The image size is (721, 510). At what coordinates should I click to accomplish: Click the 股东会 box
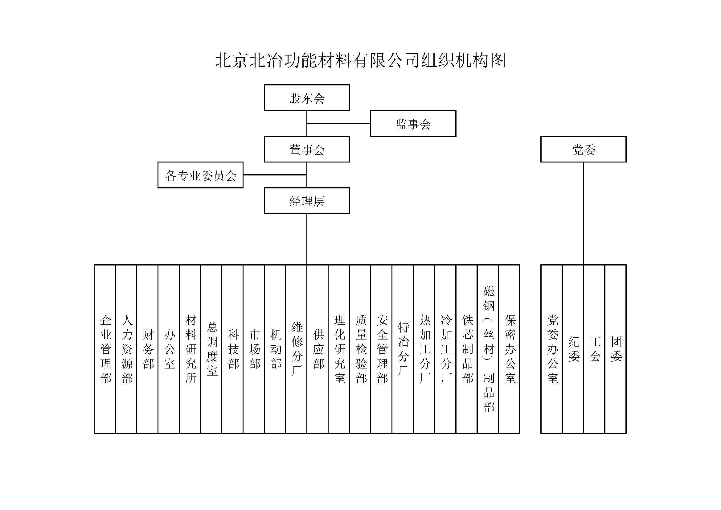pyautogui.click(x=306, y=98)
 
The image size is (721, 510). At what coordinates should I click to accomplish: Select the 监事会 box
pyautogui.click(x=413, y=123)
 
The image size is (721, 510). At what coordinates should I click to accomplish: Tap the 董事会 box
pyautogui.click(x=306, y=149)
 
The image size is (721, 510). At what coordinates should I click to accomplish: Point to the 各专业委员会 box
pyautogui.click(x=200, y=175)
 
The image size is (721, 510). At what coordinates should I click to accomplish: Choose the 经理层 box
pyautogui.click(x=306, y=201)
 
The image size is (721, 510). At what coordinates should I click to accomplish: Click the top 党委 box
pyautogui.click(x=583, y=149)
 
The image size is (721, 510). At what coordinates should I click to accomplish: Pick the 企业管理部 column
pyautogui.click(x=105, y=349)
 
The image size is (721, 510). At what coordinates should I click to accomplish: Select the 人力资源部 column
pyautogui.click(x=127, y=349)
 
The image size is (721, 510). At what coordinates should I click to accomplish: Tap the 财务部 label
pyautogui.click(x=148, y=349)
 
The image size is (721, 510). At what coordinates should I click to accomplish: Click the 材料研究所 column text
pyautogui.click(x=190, y=349)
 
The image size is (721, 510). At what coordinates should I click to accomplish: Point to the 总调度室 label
pyautogui.click(x=212, y=349)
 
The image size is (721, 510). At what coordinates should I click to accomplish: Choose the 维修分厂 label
pyautogui.click(x=297, y=349)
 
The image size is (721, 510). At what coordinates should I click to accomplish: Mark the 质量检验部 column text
pyautogui.click(x=361, y=349)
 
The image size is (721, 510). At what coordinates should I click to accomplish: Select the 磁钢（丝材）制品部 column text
pyautogui.click(x=489, y=349)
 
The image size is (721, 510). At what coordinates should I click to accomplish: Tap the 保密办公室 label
pyautogui.click(x=510, y=349)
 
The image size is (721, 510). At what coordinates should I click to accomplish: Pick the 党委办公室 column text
pyautogui.click(x=552, y=349)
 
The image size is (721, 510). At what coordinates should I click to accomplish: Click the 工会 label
pyautogui.click(x=595, y=349)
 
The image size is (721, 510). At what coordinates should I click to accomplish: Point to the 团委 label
pyautogui.click(x=616, y=349)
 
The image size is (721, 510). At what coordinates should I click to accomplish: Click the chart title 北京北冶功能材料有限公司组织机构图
pyautogui.click(x=360, y=60)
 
